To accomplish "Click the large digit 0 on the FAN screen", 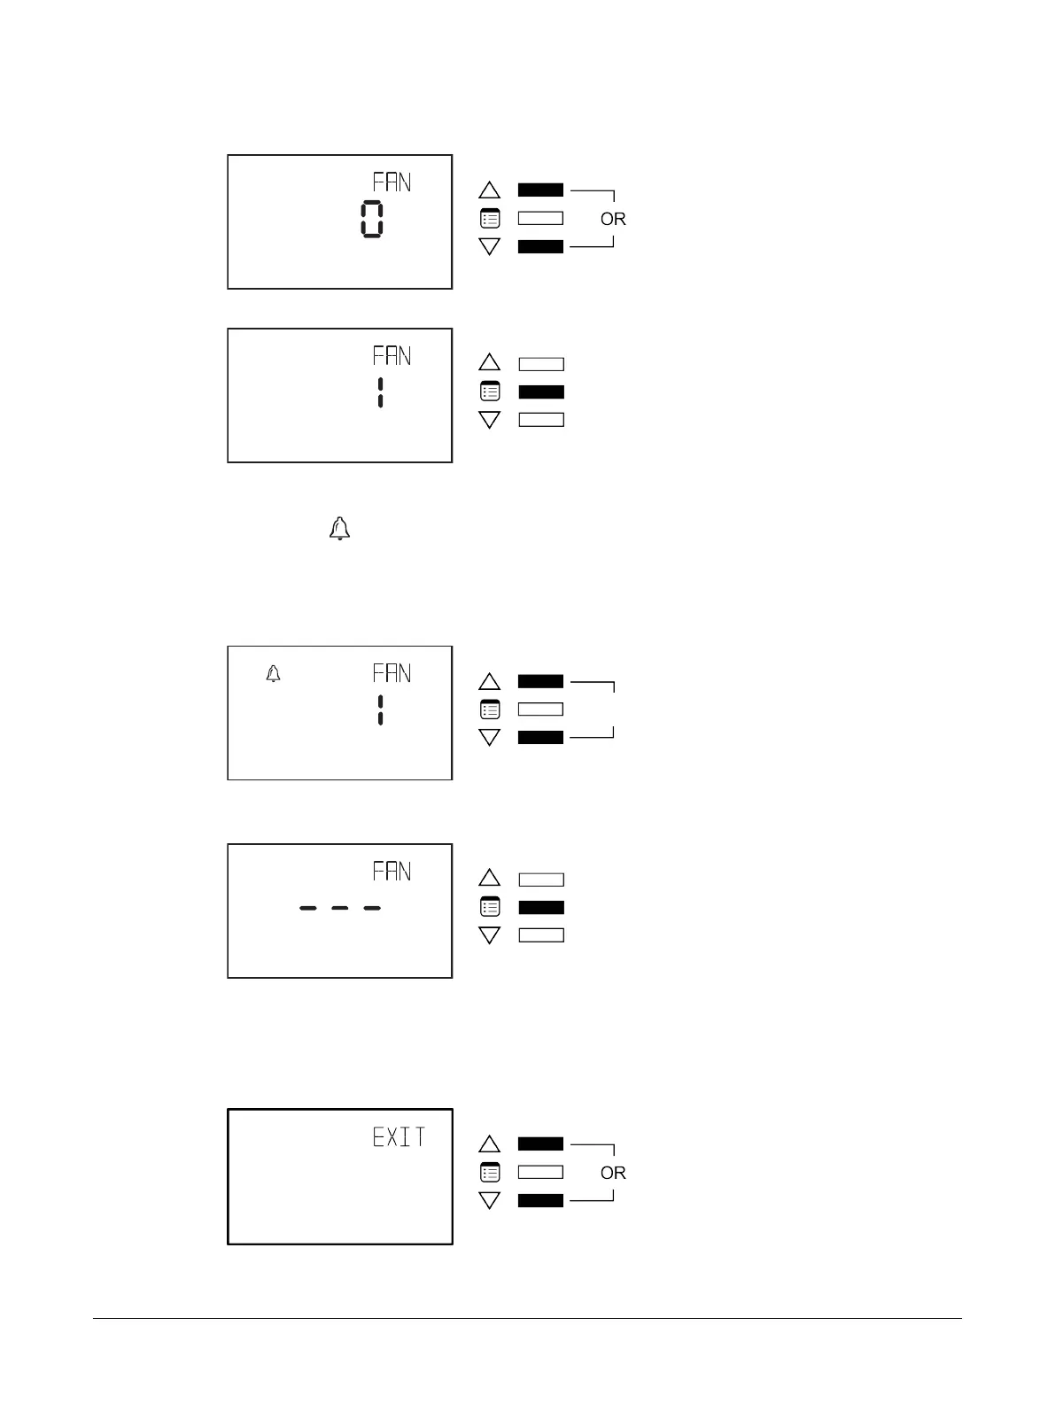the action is coord(372,219).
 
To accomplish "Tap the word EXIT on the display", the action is coord(399,1137).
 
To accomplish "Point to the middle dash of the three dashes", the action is coord(340,908).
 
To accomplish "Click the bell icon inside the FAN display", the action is coord(274,674).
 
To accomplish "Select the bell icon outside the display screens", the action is coord(339,530).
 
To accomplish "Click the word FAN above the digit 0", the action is coord(392,182).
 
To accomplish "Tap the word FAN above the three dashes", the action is coord(392,872).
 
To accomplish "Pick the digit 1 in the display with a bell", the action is coord(380,710).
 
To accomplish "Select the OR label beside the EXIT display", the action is coord(613,1173).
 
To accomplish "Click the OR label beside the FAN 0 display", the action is coord(613,219).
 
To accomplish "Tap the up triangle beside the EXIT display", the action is coord(490,1144).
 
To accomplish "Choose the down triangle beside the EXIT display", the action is coord(490,1200).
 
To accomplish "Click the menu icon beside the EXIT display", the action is coord(490,1173).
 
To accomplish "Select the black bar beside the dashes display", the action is coord(541,908).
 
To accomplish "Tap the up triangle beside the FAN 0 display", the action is coord(490,190).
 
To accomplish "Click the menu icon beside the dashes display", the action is coord(490,908).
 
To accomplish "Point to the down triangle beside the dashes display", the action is coord(490,935).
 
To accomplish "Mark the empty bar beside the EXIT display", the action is coord(541,1173).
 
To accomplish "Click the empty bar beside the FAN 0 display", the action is coord(541,218).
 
